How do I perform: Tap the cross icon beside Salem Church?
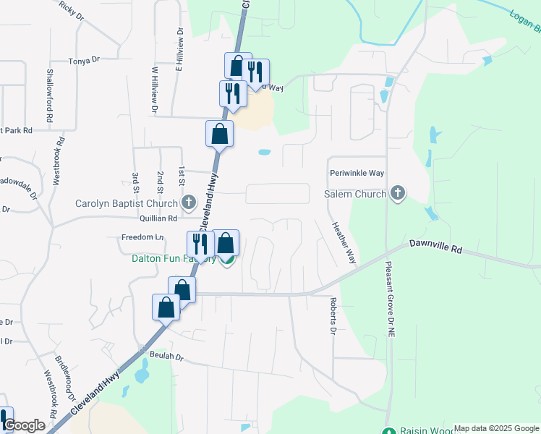pyautogui.click(x=397, y=194)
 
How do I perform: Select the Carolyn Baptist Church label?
pyautogui.click(x=127, y=203)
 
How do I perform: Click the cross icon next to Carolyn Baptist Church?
pyautogui.click(x=189, y=203)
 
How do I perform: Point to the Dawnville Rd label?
pyautogui.click(x=435, y=247)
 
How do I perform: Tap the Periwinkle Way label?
pyautogui.click(x=357, y=174)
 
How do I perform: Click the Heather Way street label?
pyautogui.click(x=344, y=243)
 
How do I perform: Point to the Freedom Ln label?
pyautogui.click(x=142, y=237)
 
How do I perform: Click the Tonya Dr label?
pyautogui.click(x=83, y=61)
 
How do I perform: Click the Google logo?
pyautogui.click(x=25, y=425)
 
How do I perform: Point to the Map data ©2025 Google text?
pyautogui.click(x=496, y=428)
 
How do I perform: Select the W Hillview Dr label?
pyautogui.click(x=154, y=90)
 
